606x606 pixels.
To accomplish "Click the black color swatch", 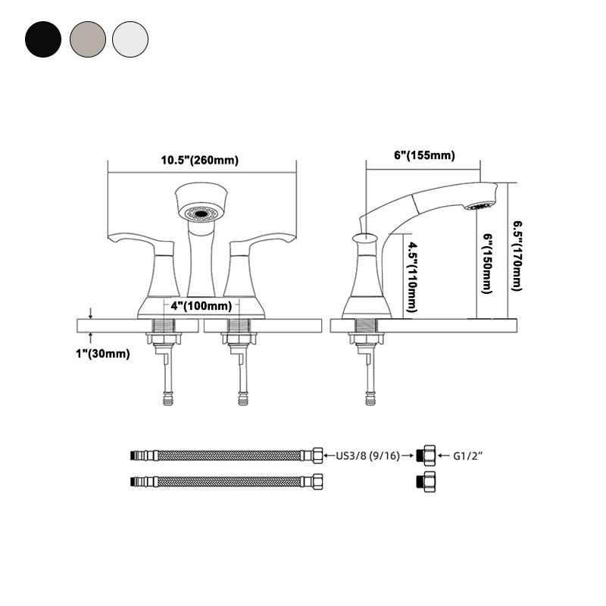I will (x=42, y=37).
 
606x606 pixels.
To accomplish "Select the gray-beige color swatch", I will (x=86, y=37).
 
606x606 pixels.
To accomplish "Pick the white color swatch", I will (x=130, y=37).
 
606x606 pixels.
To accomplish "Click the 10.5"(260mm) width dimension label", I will (x=199, y=161).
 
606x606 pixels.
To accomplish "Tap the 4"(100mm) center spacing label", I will (x=201, y=306).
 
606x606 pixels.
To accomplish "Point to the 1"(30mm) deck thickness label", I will (x=102, y=354).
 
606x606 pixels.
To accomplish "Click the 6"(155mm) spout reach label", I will (x=424, y=155).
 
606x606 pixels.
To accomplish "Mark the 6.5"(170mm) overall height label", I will (x=517, y=255).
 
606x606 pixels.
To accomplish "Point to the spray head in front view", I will (x=201, y=202).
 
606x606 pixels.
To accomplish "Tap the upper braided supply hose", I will (x=227, y=456).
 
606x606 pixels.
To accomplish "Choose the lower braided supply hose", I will (x=227, y=481).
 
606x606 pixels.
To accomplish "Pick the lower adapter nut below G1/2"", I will (x=427, y=481).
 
